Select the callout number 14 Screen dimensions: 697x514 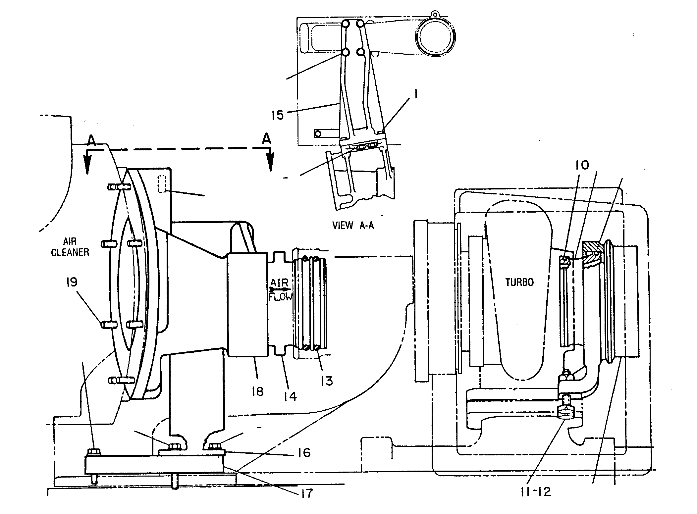tap(290, 396)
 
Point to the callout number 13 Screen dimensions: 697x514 tap(327, 381)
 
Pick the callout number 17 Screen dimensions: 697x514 tap(306, 493)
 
